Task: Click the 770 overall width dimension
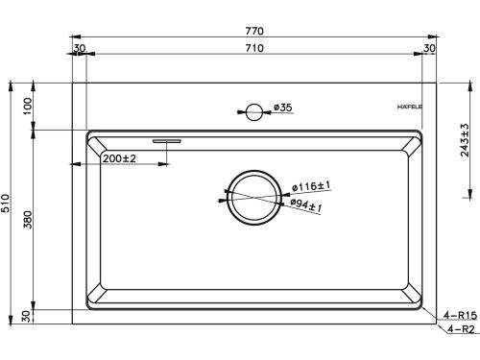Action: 254,31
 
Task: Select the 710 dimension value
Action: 254,48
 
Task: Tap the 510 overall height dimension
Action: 6,203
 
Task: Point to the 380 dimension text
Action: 28,220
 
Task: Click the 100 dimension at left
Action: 28,106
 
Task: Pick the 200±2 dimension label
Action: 119,158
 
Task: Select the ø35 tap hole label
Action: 283,108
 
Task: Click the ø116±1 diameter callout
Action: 311,186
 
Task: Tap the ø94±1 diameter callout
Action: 306,205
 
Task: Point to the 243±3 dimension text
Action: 465,140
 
